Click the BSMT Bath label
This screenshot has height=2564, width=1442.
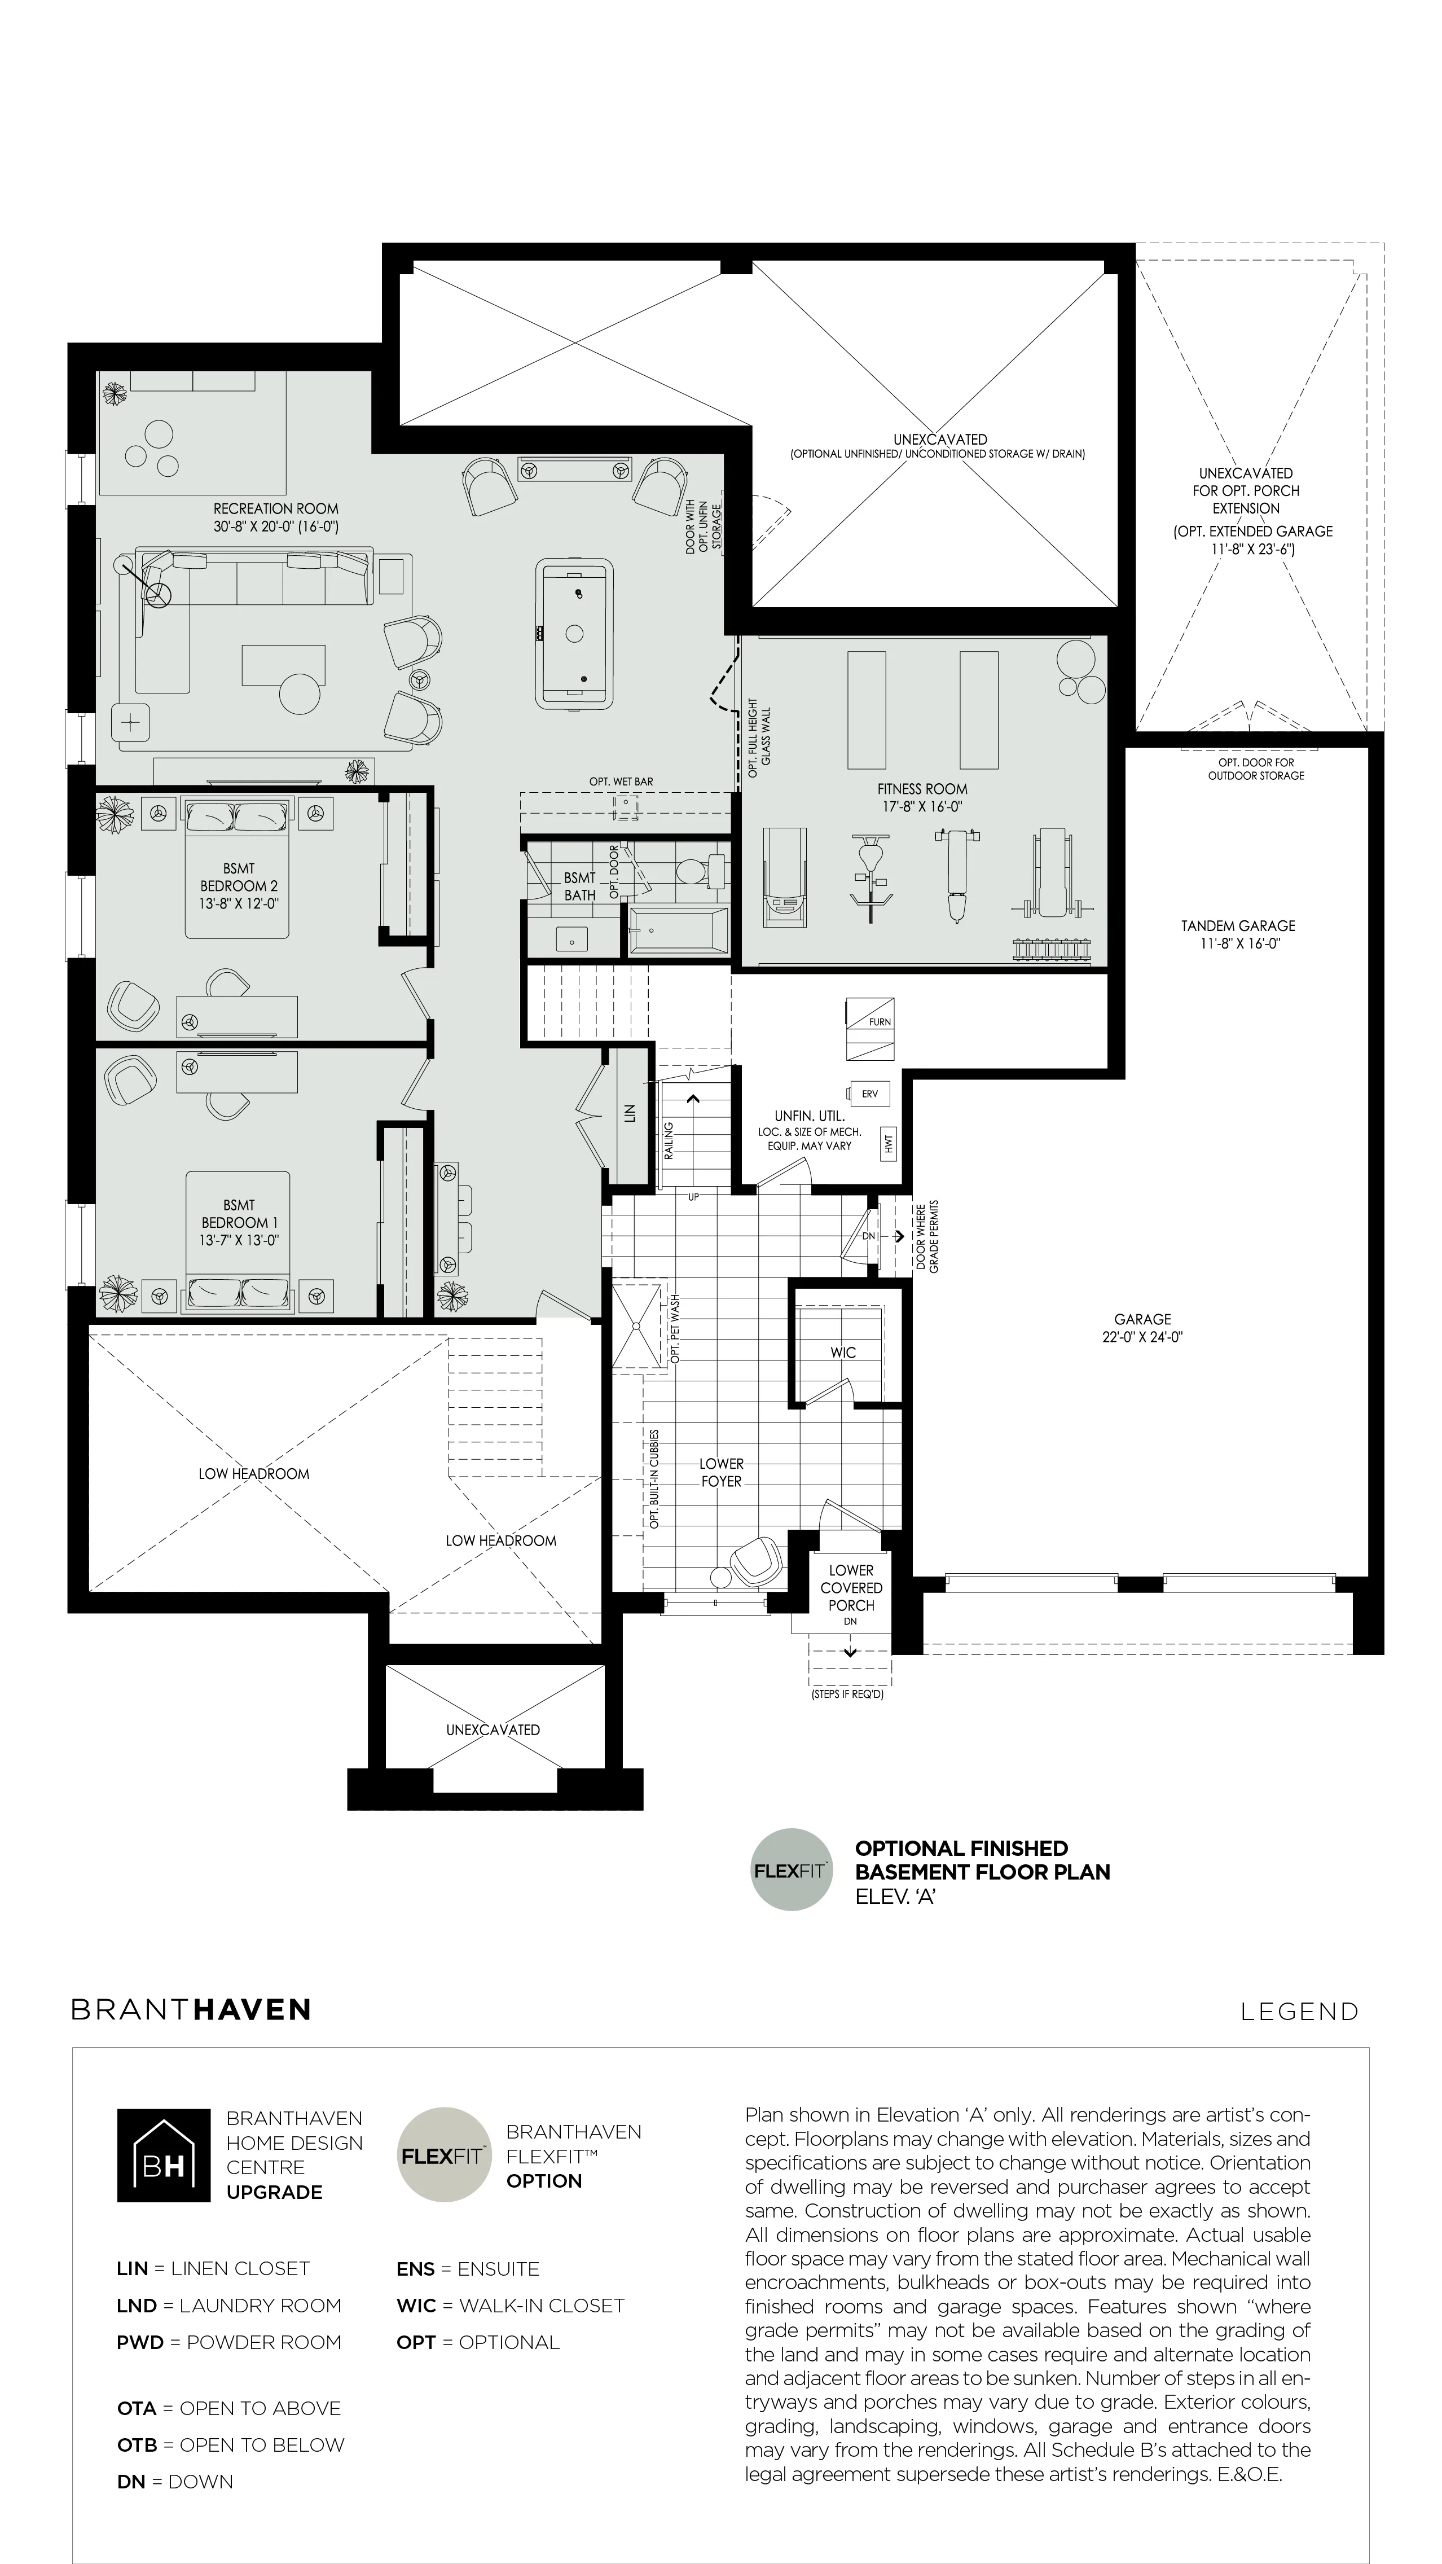tap(579, 886)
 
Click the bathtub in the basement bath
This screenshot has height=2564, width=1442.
tap(680, 930)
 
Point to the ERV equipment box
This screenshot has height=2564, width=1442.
tap(869, 1093)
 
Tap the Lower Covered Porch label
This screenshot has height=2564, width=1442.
tap(851, 1588)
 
